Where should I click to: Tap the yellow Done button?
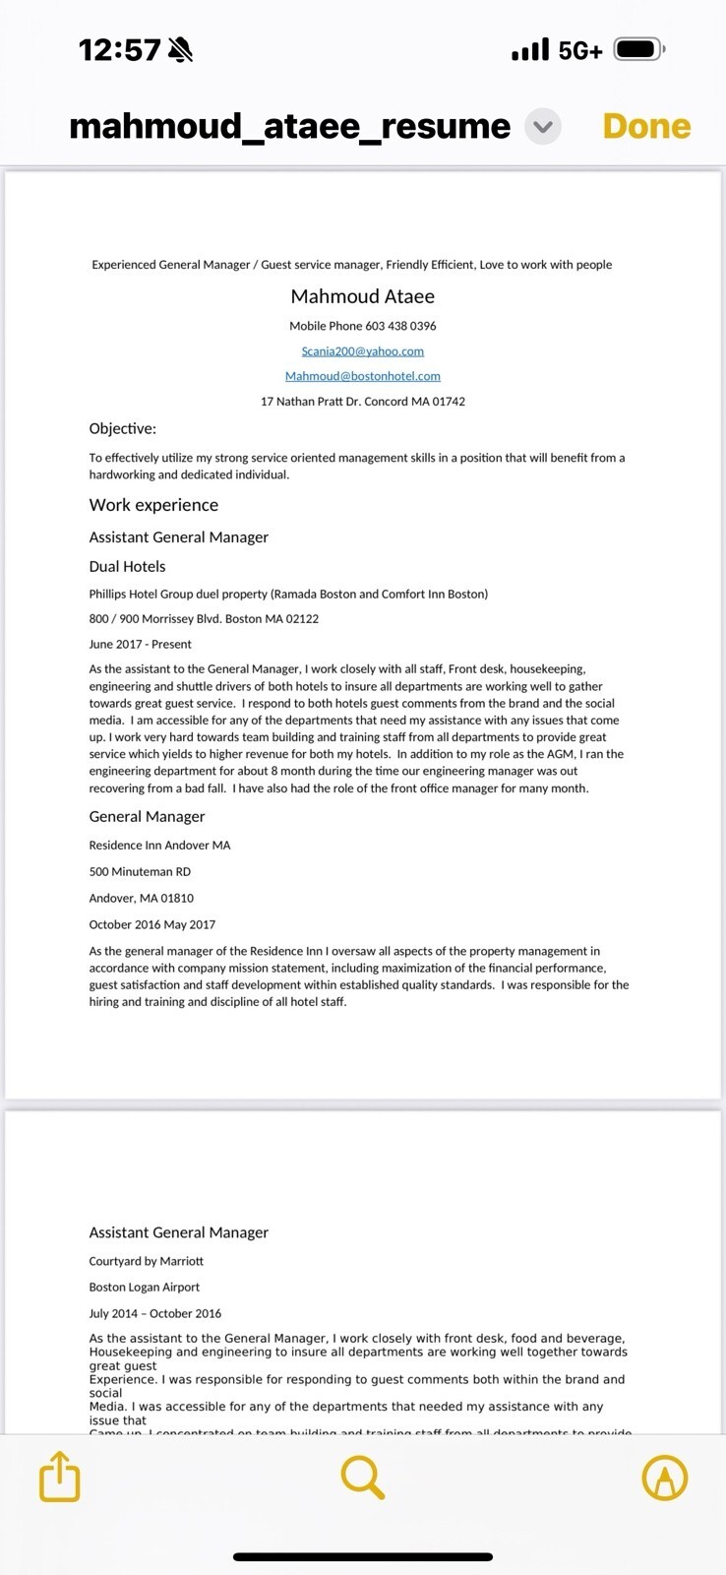tap(646, 126)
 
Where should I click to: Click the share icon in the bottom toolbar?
tap(59, 1477)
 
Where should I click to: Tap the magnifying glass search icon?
tap(362, 1477)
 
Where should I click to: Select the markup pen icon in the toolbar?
tap(665, 1477)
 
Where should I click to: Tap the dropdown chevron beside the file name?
tap(542, 126)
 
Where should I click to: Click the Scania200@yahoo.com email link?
tap(362, 351)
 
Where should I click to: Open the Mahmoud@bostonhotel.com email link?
tap(362, 376)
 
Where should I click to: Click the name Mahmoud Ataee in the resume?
tap(362, 296)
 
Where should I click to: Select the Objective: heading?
tap(123, 429)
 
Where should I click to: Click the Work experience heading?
tap(153, 505)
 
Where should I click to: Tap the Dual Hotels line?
tap(127, 567)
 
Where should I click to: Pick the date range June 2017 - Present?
tap(140, 645)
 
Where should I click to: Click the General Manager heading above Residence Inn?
tap(147, 817)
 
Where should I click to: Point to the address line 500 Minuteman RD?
tap(140, 872)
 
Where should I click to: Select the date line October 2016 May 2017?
tap(151, 925)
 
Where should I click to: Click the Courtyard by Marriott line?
tap(146, 1262)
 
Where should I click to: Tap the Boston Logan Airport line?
tap(144, 1288)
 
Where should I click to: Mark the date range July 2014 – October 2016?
tap(154, 1314)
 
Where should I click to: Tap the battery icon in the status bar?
tap(639, 49)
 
